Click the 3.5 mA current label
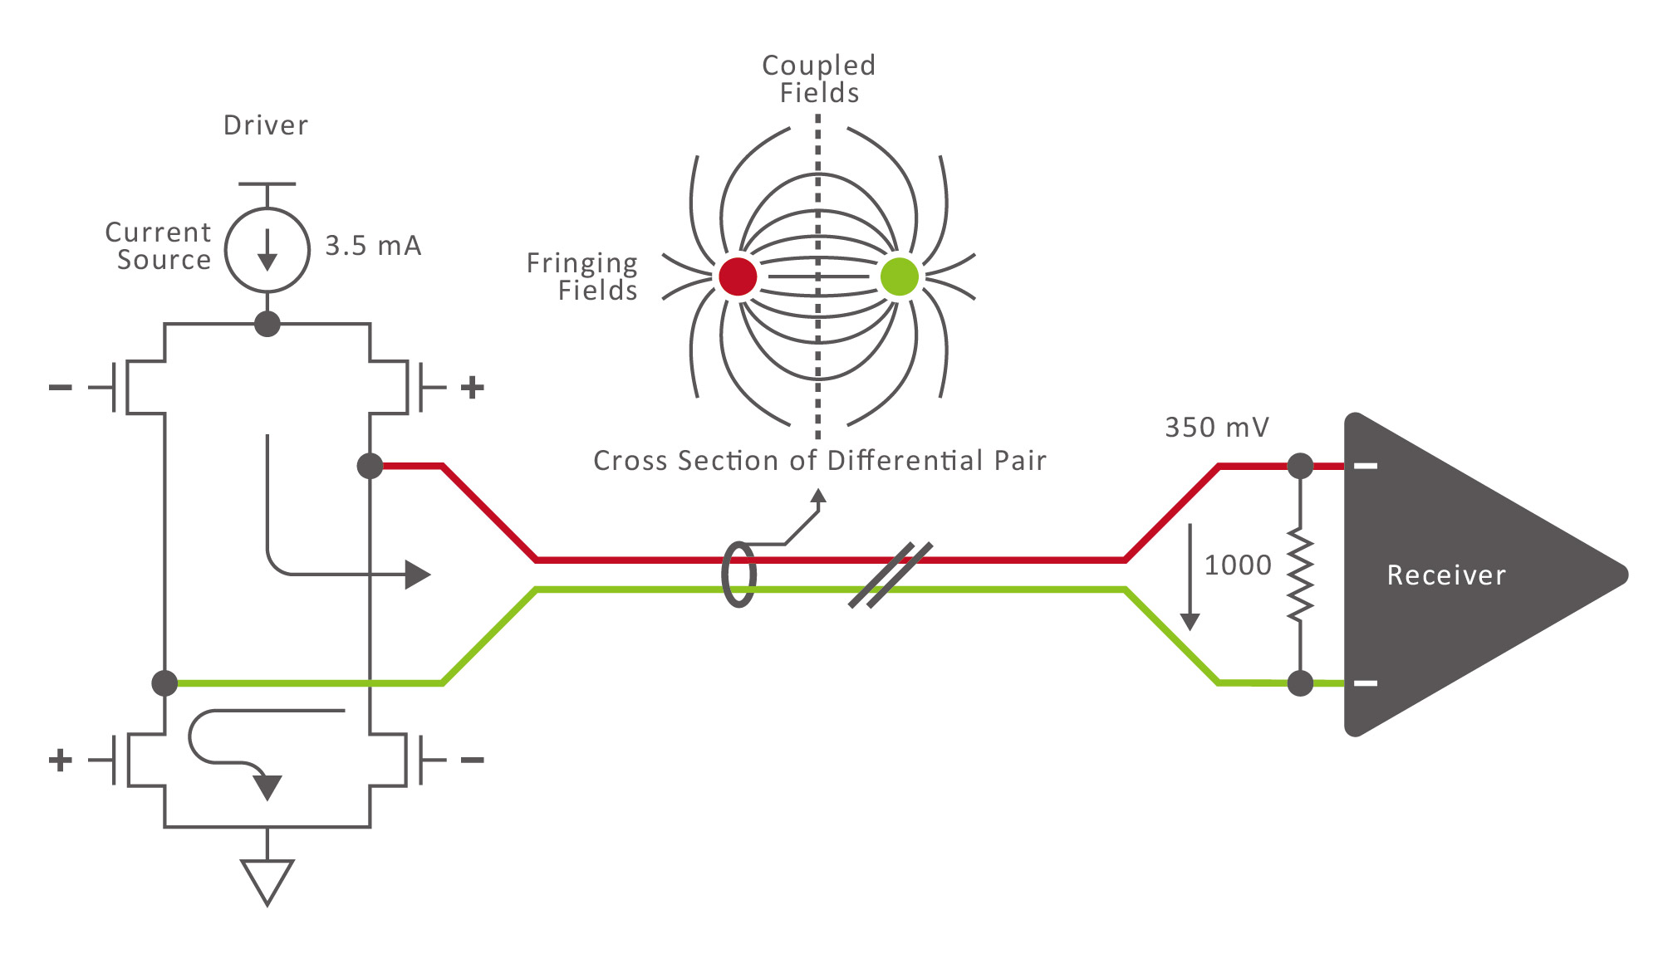click(x=372, y=246)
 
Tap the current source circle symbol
click(x=267, y=250)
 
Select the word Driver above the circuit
click(x=266, y=125)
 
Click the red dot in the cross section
click(x=738, y=276)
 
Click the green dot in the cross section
click(x=899, y=276)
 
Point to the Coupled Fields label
click(x=818, y=79)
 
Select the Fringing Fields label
click(x=582, y=276)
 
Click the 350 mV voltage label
click(x=1216, y=428)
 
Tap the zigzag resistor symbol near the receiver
click(x=1300, y=575)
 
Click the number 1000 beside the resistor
click(x=1238, y=565)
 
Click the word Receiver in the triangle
click(x=1446, y=575)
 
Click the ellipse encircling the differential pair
click(x=738, y=575)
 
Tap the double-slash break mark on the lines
click(x=890, y=575)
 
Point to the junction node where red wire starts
click(x=370, y=466)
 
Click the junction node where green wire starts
click(x=165, y=683)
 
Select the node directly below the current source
click(x=267, y=324)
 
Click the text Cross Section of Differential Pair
click(x=819, y=461)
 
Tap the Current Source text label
click(x=159, y=246)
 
